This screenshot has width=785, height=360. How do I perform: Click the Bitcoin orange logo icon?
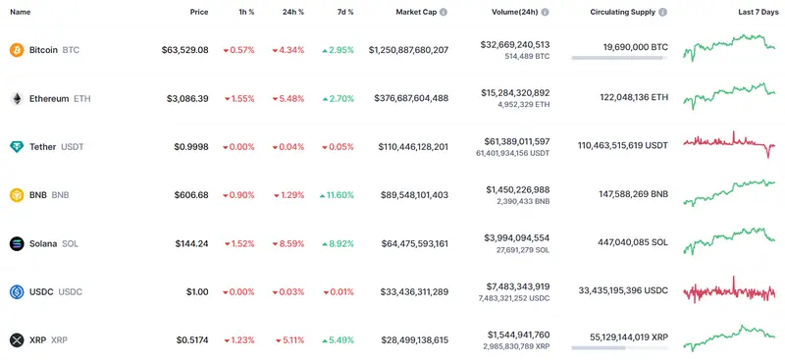pos(16,50)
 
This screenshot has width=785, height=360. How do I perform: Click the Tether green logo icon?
pos(16,147)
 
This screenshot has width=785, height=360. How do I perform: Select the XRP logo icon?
pos(16,340)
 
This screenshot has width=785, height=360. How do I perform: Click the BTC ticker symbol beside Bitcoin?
pos(72,50)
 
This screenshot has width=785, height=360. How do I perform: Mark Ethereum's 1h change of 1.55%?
pos(238,98)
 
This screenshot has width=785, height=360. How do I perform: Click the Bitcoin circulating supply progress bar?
pos(619,58)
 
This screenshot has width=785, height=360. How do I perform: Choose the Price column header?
pos(199,12)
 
